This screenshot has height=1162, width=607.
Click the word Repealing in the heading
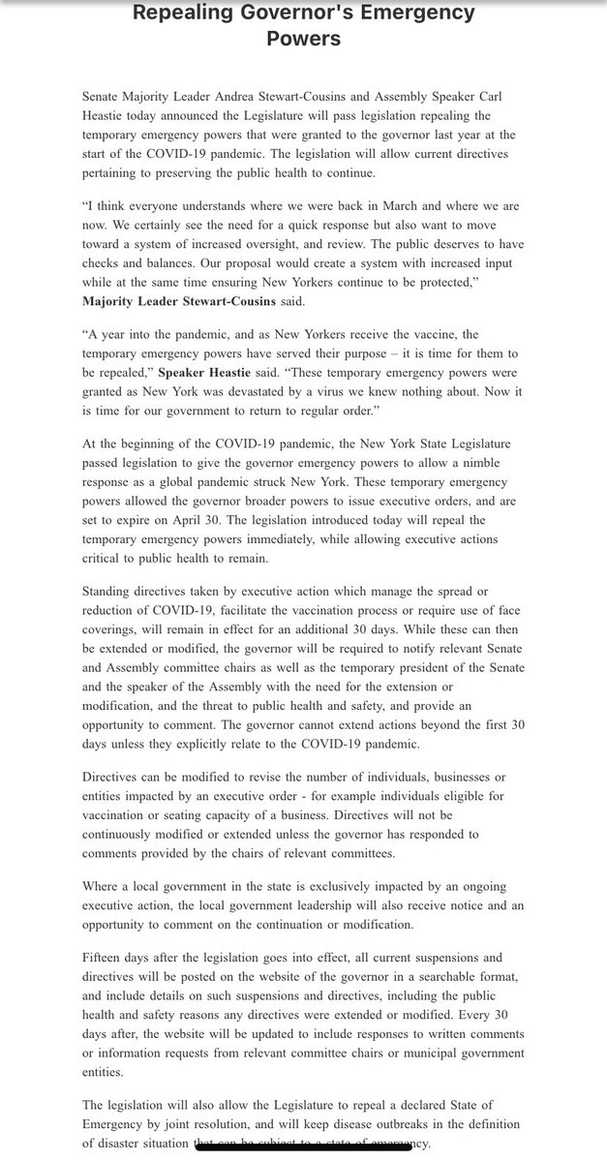tap(182, 15)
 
